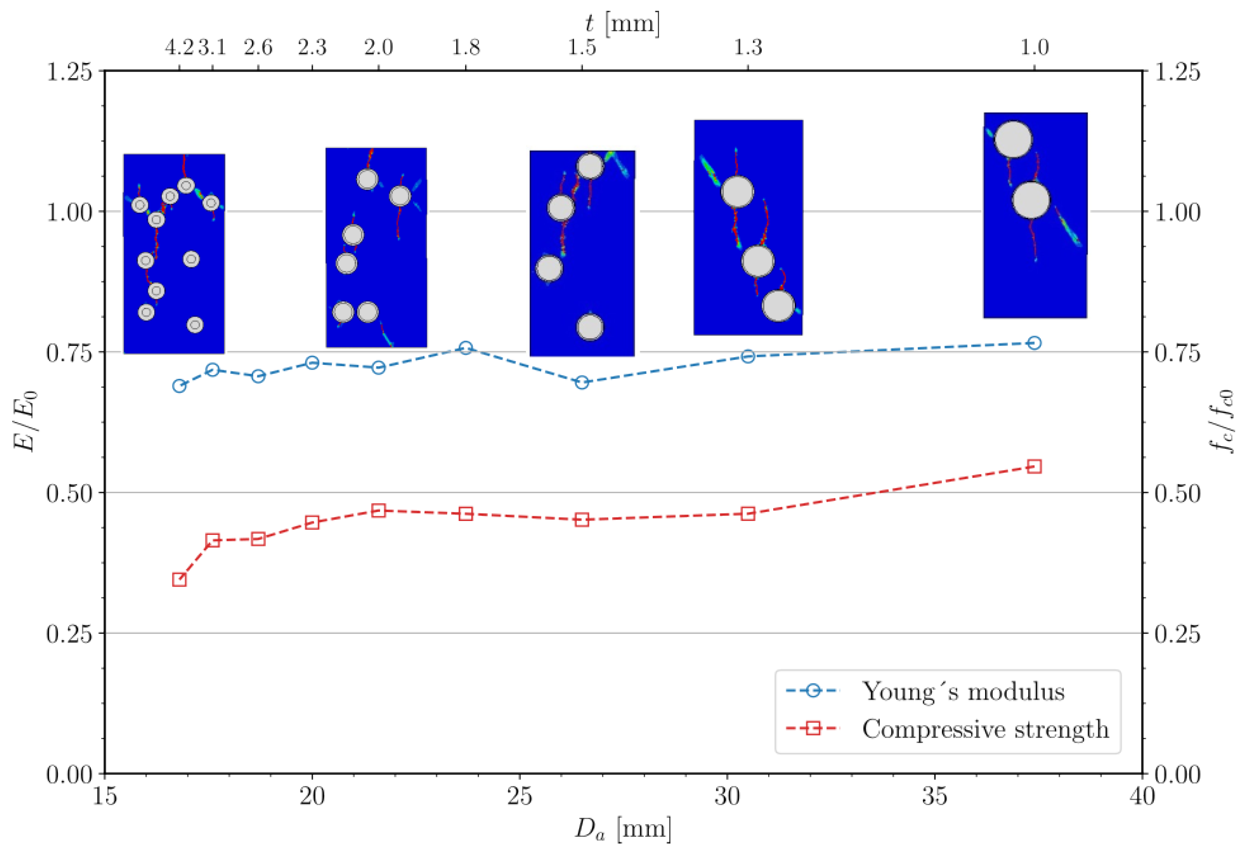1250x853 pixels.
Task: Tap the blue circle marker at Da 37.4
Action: click(1034, 343)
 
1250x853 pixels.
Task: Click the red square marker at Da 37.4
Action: click(1034, 466)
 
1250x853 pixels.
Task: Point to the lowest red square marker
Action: click(179, 580)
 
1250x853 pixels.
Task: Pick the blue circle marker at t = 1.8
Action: click(466, 348)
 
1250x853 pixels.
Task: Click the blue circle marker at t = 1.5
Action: click(582, 382)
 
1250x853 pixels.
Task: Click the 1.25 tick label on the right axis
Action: click(1177, 72)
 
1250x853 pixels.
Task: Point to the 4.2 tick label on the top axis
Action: click(179, 48)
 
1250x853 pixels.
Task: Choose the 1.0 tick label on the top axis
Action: click(1034, 48)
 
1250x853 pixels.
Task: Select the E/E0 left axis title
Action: click(26, 421)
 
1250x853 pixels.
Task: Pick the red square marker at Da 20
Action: click(312, 522)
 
